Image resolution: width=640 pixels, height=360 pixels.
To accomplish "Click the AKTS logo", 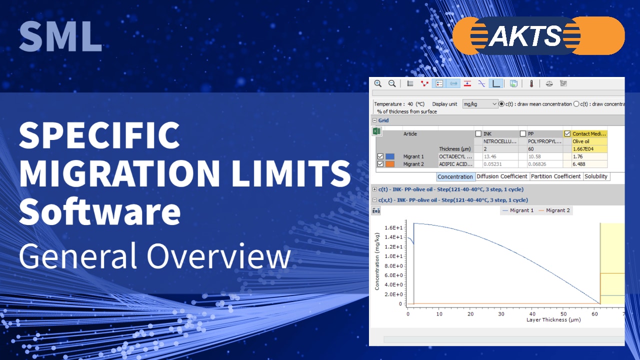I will point(538,35).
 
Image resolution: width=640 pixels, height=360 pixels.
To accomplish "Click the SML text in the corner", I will point(60,37).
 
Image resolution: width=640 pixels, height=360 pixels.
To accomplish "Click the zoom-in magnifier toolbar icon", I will point(378,83).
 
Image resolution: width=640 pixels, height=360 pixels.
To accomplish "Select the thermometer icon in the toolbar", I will point(531,83).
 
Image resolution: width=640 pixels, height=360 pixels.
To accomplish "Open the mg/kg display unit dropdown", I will point(480,104).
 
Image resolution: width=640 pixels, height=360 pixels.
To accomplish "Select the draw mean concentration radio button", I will point(501,104).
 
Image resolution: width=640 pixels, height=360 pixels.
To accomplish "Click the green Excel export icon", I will point(377,131).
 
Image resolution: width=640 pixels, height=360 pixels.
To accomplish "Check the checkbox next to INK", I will point(478,134).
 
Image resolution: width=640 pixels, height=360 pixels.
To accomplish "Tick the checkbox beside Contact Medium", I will point(567,134).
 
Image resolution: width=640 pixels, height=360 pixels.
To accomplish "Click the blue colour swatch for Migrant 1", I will point(390,156).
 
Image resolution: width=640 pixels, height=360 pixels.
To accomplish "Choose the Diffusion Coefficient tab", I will point(502,176).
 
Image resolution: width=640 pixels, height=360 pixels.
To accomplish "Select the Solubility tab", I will point(596,176).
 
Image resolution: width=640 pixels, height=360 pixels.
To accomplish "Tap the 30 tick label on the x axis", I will point(501,314).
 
